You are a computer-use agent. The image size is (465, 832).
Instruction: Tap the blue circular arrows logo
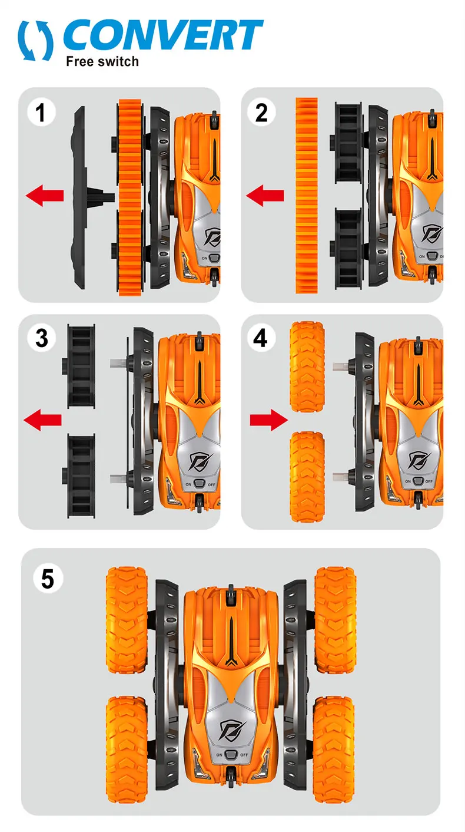(35, 40)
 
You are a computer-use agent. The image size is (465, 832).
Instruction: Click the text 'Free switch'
(102, 61)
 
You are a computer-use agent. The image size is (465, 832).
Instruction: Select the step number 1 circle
(41, 113)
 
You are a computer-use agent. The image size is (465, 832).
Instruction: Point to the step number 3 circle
(41, 338)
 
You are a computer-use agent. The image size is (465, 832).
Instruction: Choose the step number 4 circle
(261, 338)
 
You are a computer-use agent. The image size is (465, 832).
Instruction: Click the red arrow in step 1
(45, 194)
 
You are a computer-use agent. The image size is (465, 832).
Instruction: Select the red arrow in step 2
(265, 194)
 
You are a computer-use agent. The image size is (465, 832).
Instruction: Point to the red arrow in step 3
(42, 420)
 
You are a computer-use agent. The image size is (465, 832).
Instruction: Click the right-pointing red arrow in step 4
(268, 420)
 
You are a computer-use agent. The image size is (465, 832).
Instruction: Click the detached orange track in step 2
(306, 196)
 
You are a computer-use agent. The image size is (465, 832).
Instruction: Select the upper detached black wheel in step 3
(81, 365)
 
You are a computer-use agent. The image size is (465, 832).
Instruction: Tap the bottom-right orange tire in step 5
(334, 744)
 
